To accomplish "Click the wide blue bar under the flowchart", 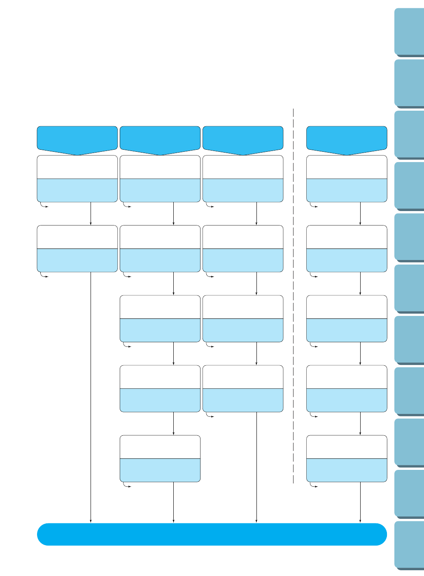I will pos(212,534).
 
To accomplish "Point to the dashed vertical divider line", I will pos(293,296).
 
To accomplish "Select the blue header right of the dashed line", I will pos(347,139).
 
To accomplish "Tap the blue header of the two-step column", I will pos(77,139).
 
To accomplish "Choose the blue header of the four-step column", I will pos(243,139).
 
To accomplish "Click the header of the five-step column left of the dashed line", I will pos(160,139).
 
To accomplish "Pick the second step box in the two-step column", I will pos(77,249).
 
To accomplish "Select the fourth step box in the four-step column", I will pos(243,388).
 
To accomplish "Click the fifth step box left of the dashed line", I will pos(160,458).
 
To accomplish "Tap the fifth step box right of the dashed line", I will pos(347,458).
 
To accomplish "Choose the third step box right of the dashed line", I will pos(347,318).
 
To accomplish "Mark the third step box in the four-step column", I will pos(243,318).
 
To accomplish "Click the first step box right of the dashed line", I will pos(347,179).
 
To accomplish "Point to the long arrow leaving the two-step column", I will pos(91,395).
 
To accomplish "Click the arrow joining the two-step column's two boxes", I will pos(91,214).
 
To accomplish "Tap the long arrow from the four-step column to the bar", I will pos(256,467).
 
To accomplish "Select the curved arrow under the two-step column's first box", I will pos(44,205).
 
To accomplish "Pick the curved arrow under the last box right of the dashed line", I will pos(313,485).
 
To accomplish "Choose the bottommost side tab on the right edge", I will pos(409,545).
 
